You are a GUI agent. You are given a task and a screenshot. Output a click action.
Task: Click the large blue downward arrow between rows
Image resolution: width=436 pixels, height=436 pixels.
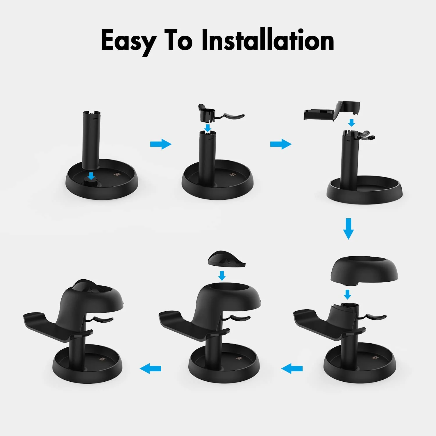(x=348, y=228)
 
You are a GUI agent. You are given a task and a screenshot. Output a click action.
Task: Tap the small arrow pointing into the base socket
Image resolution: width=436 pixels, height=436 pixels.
(x=91, y=176)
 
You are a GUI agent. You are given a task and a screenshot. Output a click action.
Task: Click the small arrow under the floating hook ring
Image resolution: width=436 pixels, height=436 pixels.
(x=208, y=128)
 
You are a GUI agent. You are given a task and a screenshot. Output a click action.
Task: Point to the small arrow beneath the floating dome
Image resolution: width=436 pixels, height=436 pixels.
(x=347, y=294)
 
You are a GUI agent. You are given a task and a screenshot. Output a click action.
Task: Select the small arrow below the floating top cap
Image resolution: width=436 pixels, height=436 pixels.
(x=222, y=275)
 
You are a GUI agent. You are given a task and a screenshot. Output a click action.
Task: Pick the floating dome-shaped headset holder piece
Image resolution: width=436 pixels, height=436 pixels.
(x=364, y=269)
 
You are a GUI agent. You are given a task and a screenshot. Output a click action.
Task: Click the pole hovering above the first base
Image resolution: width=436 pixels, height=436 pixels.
(x=91, y=140)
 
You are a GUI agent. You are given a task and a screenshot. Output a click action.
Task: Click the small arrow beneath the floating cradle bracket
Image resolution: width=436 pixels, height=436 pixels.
(x=352, y=122)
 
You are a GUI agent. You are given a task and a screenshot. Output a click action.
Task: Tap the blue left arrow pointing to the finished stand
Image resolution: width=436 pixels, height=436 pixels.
(x=150, y=368)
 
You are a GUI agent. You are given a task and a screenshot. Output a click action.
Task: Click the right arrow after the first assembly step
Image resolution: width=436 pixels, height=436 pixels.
(x=161, y=144)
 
